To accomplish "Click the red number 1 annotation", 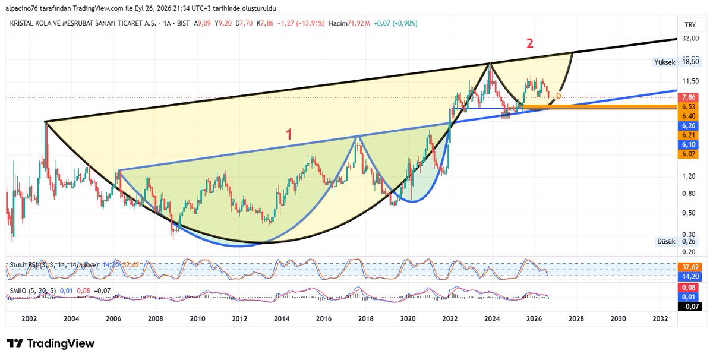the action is coord(289,134).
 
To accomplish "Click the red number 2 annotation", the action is coord(529,43).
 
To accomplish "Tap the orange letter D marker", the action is coord(559,96).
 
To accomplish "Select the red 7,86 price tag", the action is coord(688,97).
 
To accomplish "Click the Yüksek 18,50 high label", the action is coord(676,62).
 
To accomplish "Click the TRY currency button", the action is coord(690,25).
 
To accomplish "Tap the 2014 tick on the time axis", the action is coord(282,318).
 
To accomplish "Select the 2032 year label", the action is coord(660,318).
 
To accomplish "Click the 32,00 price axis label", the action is coord(690,38).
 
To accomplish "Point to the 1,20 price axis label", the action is coord(689,176).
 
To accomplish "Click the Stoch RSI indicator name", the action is coord(24,265).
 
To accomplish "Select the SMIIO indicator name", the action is coord(18,291).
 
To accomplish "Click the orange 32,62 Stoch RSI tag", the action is coord(688,267).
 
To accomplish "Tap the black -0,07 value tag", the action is coord(689,307).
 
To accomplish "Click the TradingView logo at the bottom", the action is coord(51,343).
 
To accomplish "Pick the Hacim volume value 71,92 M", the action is coord(358,23).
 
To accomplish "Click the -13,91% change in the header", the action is coord(311,23).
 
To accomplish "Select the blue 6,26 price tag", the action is coord(688,126).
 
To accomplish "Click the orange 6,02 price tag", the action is coord(688,154).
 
